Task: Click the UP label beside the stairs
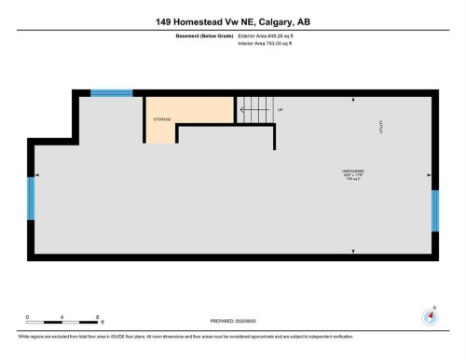click(x=280, y=110)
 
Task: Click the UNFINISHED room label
click(x=352, y=172)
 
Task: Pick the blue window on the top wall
click(x=111, y=92)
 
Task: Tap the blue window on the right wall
click(x=435, y=210)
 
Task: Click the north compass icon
click(x=430, y=315)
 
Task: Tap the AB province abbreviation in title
click(x=304, y=21)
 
